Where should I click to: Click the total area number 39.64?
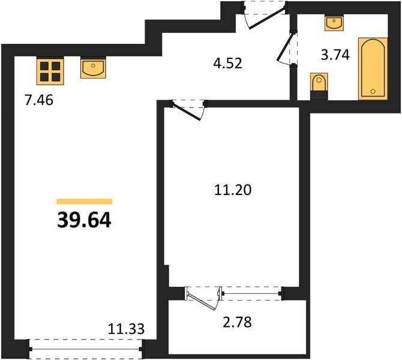[x=84, y=220]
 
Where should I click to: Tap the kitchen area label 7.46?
[x=39, y=100]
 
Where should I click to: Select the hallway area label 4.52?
[x=227, y=63]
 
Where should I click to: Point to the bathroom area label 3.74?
[x=335, y=55]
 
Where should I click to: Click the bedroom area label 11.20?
[x=233, y=190]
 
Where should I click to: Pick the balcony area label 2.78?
[x=237, y=322]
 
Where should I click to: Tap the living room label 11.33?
[x=126, y=329]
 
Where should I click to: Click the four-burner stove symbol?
[x=50, y=71]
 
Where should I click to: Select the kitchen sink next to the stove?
[x=93, y=68]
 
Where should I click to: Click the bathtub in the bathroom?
[x=373, y=69]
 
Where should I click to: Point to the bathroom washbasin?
[x=334, y=23]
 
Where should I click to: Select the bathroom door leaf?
[x=285, y=47]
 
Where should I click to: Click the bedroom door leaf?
[x=187, y=111]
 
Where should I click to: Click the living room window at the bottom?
[x=86, y=349]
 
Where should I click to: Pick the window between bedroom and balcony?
[x=252, y=293]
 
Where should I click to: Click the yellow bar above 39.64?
[x=85, y=202]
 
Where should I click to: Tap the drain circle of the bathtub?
[x=373, y=91]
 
